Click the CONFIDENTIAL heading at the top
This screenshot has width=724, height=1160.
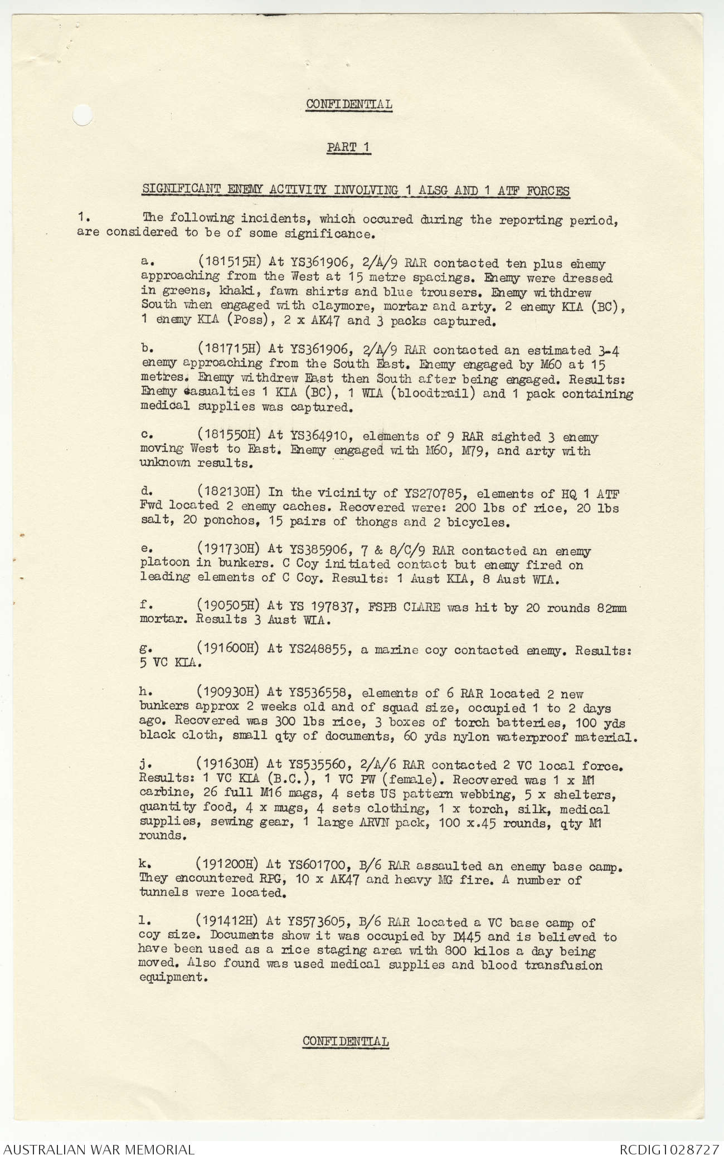[349, 104]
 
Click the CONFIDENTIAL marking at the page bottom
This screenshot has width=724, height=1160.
[346, 1041]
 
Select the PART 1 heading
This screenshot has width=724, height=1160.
[348, 147]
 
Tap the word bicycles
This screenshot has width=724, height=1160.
[483, 523]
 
